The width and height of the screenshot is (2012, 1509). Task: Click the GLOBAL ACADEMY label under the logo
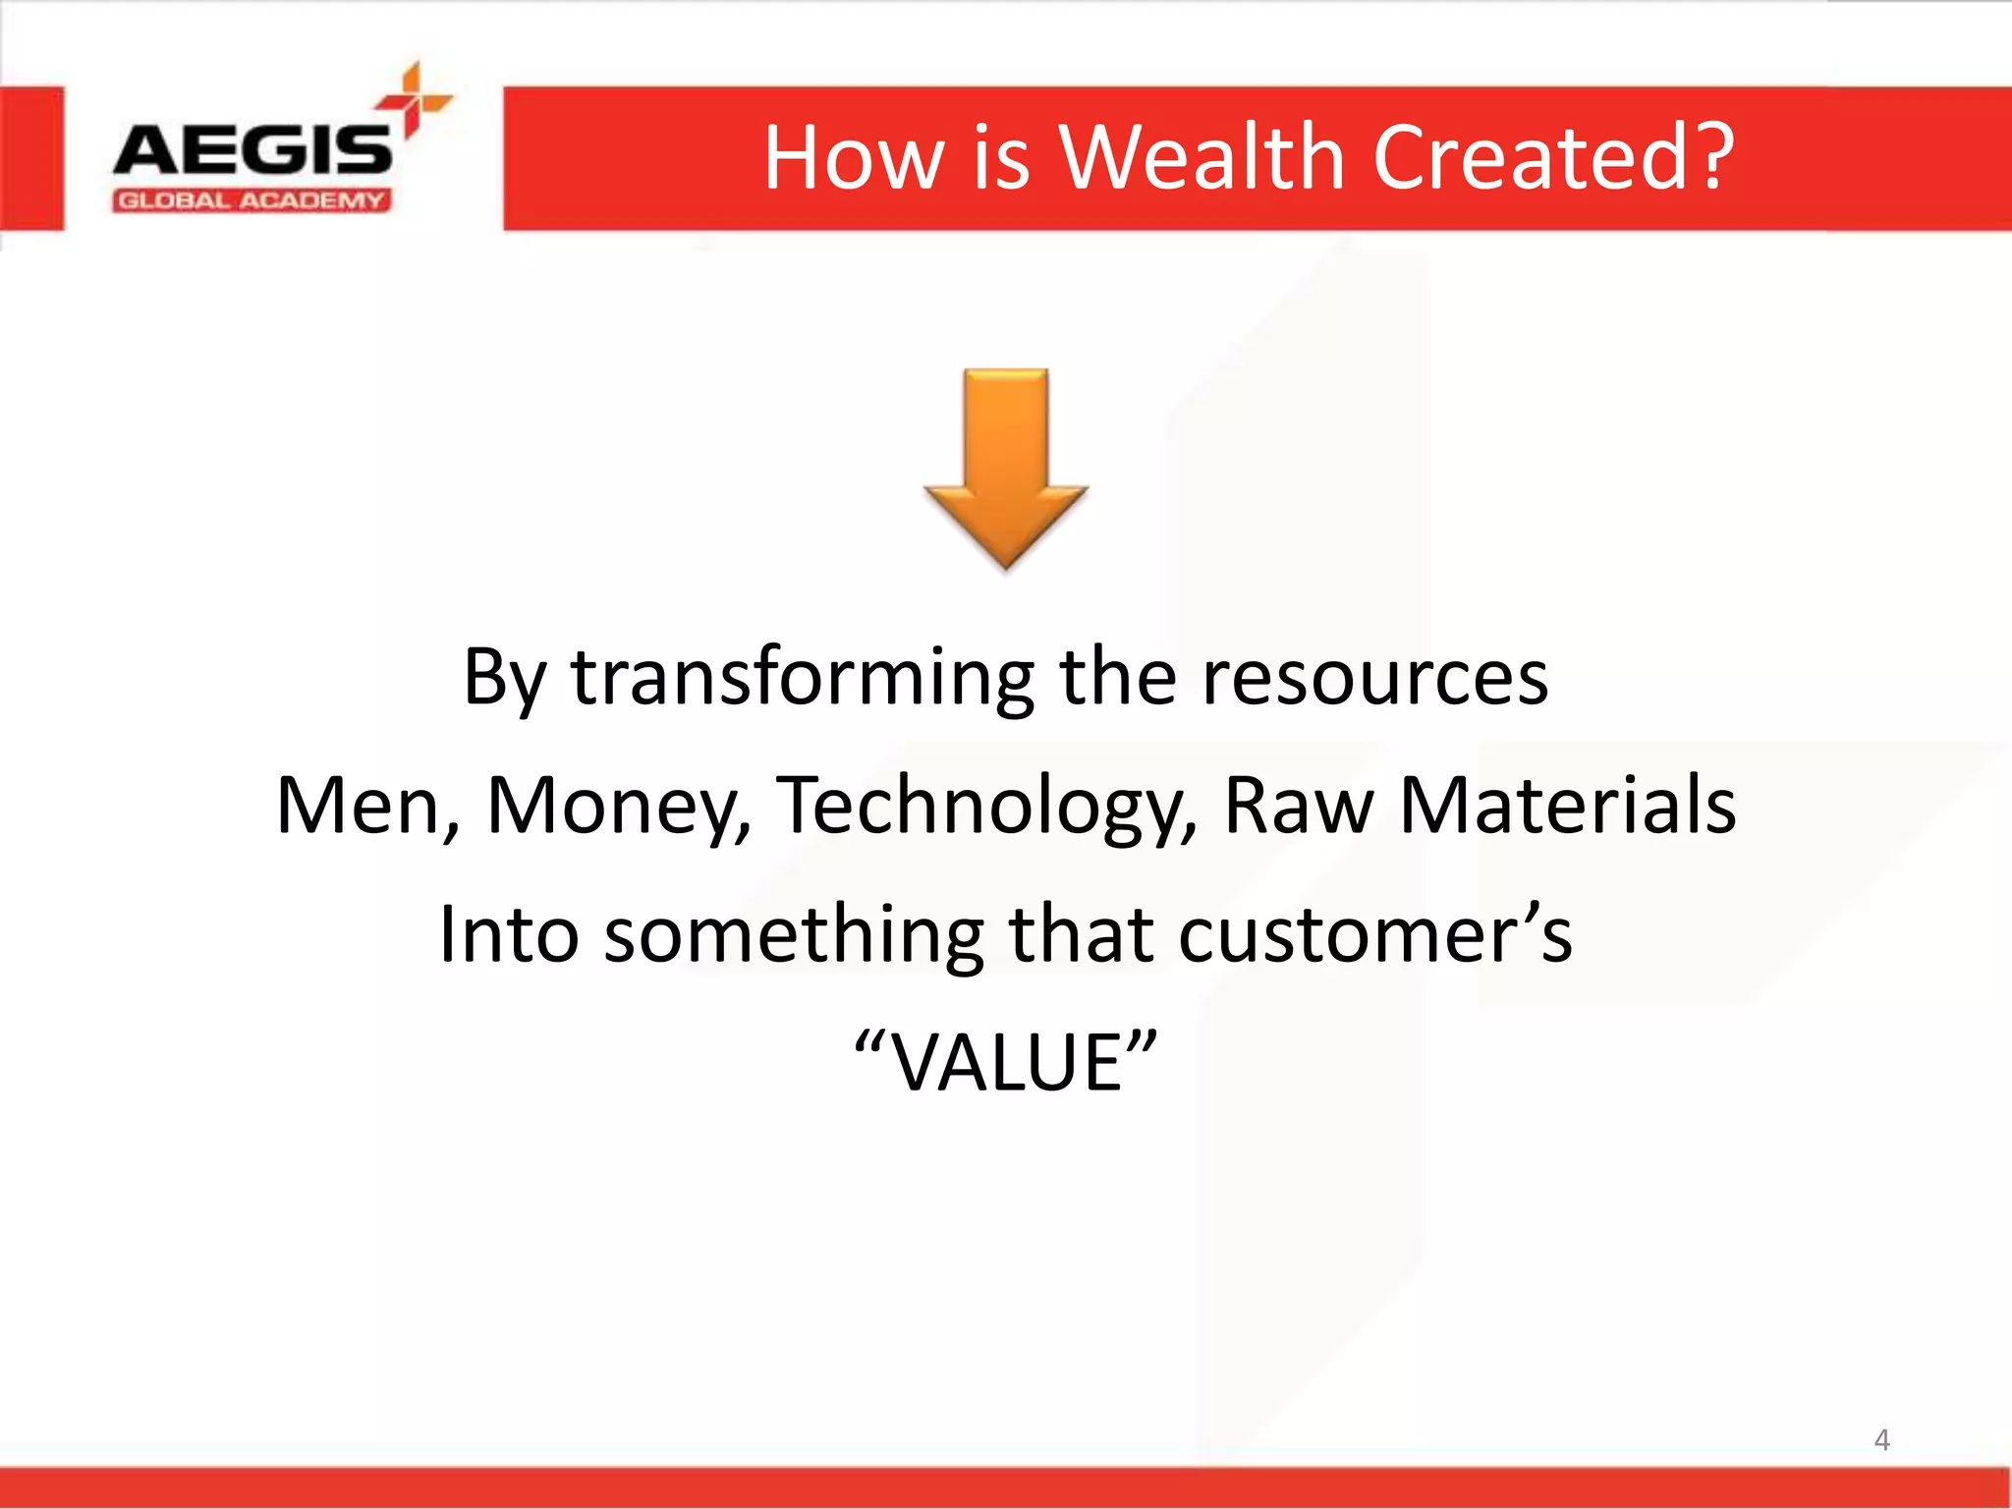[251, 201]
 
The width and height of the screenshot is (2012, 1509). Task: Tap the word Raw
[1298, 806]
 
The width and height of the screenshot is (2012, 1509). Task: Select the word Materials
[1567, 806]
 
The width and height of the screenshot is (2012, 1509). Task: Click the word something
[794, 934]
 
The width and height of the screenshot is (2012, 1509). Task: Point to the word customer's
[1374, 934]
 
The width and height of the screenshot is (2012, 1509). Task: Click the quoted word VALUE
[1006, 1063]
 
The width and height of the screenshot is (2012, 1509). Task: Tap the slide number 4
[1881, 1440]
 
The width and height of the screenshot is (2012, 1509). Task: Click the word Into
[508, 934]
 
